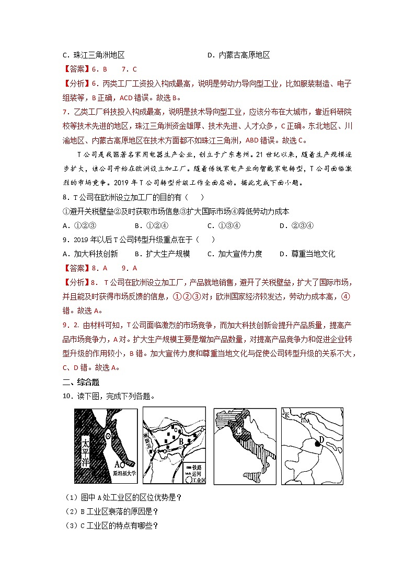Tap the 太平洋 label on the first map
(87, 452)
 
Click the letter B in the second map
(181, 443)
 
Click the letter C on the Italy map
(238, 431)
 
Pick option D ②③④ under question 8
(296, 226)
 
